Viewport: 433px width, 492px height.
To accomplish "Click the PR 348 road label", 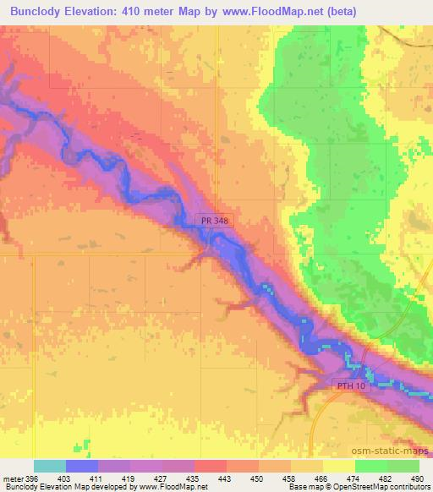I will pyautogui.click(x=216, y=221).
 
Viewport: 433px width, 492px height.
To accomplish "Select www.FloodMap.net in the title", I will pyautogui.click(x=263, y=12).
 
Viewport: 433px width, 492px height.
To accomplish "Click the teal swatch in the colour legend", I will pyautogui.click(x=50, y=466).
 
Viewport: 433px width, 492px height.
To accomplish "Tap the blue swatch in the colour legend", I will pyautogui.click(x=82, y=466).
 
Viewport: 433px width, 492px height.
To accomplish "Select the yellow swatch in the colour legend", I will pyautogui.click(x=339, y=466).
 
